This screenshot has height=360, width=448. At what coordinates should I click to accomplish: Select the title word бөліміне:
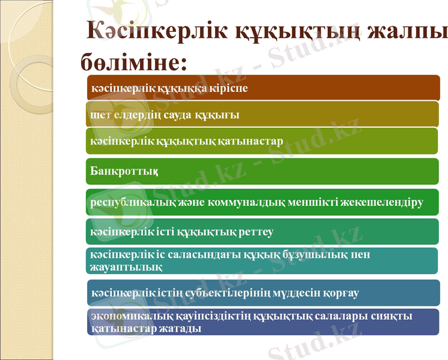133,61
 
